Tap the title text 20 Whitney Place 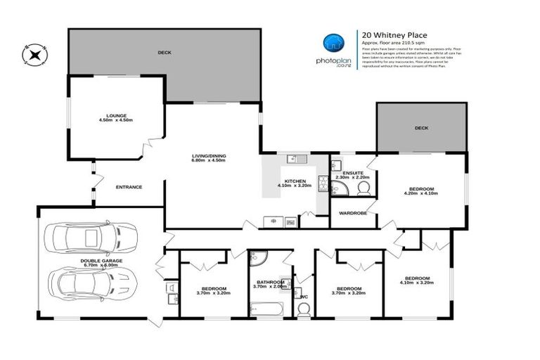tap(394, 34)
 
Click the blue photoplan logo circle tap(333, 44)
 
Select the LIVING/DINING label tap(210, 155)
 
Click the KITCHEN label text tap(294, 181)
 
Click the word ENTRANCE tap(129, 187)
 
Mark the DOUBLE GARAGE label tap(101, 261)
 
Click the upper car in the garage tap(91, 240)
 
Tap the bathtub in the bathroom tap(266, 307)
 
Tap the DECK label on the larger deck tap(165, 53)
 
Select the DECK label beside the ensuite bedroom tap(420, 128)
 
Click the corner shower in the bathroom tap(257, 259)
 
